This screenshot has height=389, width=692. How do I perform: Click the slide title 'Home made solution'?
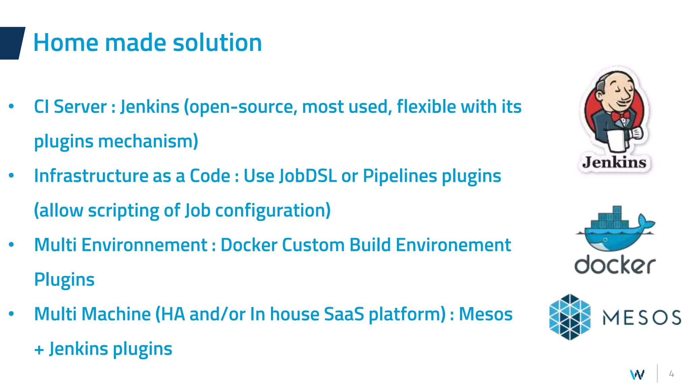click(148, 43)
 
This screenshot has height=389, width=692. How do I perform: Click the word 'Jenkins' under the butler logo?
click(614, 163)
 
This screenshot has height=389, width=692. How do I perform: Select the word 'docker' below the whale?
click(615, 265)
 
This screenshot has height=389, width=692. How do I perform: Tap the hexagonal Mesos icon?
click(570, 317)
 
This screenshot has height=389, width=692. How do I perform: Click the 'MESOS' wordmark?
click(642, 317)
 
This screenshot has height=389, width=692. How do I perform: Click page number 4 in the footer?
click(671, 374)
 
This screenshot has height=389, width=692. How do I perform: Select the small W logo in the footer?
click(637, 374)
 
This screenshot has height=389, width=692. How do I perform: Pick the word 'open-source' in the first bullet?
click(241, 107)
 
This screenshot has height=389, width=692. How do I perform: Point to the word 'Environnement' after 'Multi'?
click(144, 245)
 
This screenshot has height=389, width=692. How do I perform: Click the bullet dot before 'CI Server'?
click(11, 106)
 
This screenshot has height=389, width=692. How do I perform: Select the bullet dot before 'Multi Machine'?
click(11, 314)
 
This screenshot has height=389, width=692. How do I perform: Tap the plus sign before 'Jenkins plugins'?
click(39, 349)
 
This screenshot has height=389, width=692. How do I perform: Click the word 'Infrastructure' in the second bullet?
click(91, 176)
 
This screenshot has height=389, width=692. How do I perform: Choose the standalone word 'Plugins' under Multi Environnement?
click(64, 280)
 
